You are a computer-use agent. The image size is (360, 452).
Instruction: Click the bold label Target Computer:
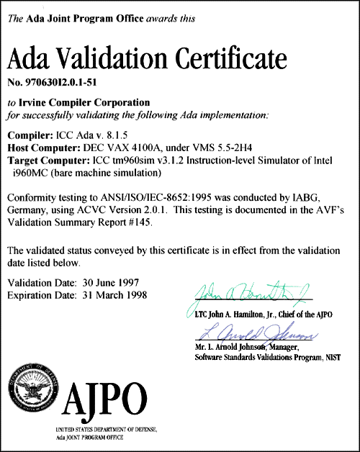coord(48,158)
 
